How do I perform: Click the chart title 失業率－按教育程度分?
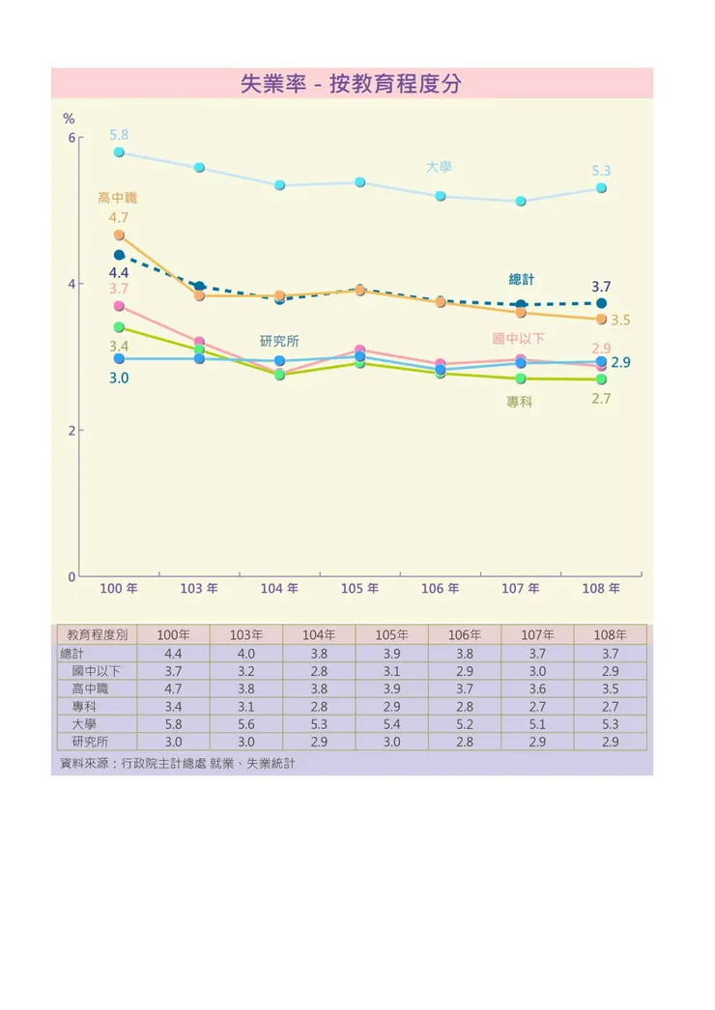click(x=351, y=84)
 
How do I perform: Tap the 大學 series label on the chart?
click(x=439, y=167)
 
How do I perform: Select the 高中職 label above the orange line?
click(x=117, y=198)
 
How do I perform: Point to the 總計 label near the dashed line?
click(x=522, y=279)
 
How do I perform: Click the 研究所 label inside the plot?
click(x=279, y=341)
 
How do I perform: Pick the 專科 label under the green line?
click(x=519, y=402)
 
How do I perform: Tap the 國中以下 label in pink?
click(x=519, y=339)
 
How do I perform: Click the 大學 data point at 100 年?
click(x=119, y=153)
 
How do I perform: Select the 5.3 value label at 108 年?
click(x=601, y=171)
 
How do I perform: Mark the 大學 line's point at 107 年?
click(x=521, y=202)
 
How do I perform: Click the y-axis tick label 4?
click(x=71, y=284)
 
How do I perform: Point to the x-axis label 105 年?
click(x=359, y=588)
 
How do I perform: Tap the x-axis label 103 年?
click(x=199, y=588)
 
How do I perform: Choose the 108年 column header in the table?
click(x=610, y=635)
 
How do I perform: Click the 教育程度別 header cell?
click(x=97, y=635)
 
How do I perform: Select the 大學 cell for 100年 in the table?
click(x=174, y=724)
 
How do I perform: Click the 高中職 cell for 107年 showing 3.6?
click(x=537, y=689)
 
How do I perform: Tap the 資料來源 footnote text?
click(x=177, y=764)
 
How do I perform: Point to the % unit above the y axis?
click(x=69, y=119)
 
